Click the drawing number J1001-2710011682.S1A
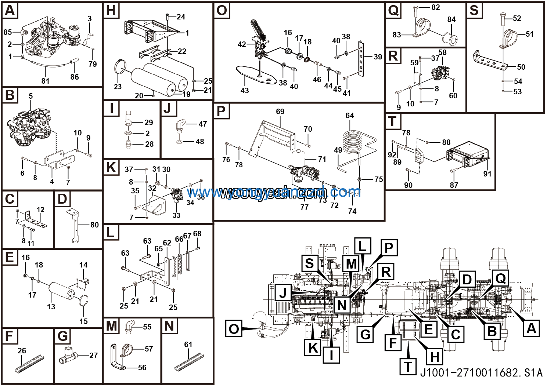pos(481,373)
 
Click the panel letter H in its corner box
pos(111,11)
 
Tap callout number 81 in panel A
pos(45,81)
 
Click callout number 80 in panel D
pos(94,225)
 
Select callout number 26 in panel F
pos(22,351)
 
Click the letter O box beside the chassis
pos(234,328)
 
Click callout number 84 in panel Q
pos(451,19)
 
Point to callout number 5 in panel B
pos(31,96)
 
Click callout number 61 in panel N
pos(188,344)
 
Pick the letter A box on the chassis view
pos(531,328)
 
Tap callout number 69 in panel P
pos(280,112)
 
